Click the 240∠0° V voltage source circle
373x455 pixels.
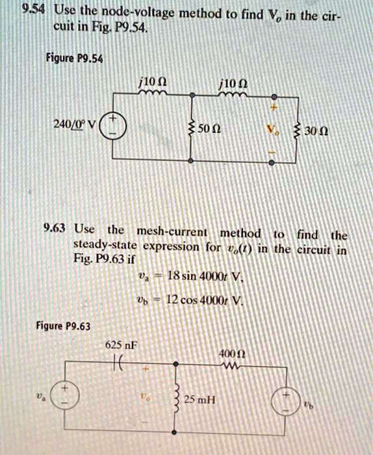pyautogui.click(x=113, y=126)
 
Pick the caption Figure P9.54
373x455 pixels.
pyautogui.click(x=74, y=58)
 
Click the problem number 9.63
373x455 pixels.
pyautogui.click(x=55, y=228)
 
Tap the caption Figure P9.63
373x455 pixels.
pyautogui.click(x=63, y=326)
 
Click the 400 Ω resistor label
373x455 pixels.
pyautogui.click(x=233, y=354)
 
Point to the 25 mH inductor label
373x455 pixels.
pyautogui.click(x=200, y=400)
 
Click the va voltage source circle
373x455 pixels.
pyautogui.click(x=64, y=395)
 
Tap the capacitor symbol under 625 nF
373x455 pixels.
pyautogui.click(x=118, y=362)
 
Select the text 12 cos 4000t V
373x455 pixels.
pyautogui.click(x=205, y=300)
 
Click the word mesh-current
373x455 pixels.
pyautogui.click(x=172, y=232)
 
